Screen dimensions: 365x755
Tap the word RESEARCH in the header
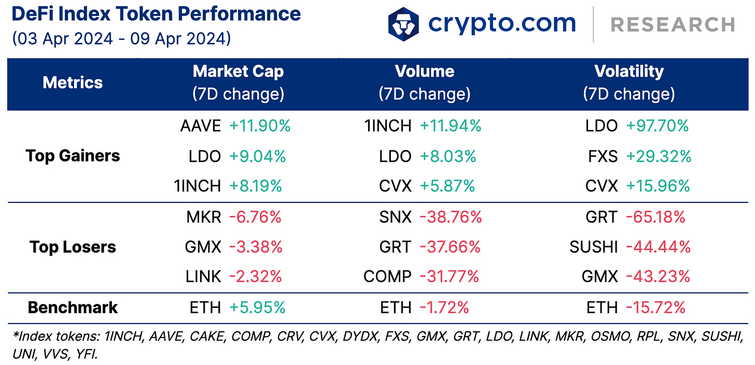pyautogui.click(x=673, y=24)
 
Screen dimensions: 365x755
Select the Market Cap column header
pyautogui.click(x=238, y=82)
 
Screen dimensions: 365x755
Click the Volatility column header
pyautogui.click(x=628, y=82)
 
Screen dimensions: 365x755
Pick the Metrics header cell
pyautogui.click(x=73, y=82)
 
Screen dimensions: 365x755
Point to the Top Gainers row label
pyautogui.click(x=73, y=156)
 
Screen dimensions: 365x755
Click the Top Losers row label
pyautogui.click(x=73, y=247)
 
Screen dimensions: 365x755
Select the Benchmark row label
pyautogui.click(x=73, y=308)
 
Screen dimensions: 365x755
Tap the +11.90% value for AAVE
pyautogui.click(x=260, y=126)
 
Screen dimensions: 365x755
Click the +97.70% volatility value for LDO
pyautogui.click(x=657, y=126)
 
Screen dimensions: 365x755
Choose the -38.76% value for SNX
pyautogui.click(x=451, y=217)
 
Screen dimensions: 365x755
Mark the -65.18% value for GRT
pyautogui.click(x=655, y=217)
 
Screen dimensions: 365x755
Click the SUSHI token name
pyautogui.click(x=593, y=247)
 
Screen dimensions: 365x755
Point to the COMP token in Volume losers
pyautogui.click(x=387, y=277)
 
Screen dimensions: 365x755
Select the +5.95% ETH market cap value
pyautogui.click(x=257, y=308)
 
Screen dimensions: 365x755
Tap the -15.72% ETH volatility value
pyautogui.click(x=655, y=308)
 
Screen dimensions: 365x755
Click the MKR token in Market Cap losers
pyautogui.click(x=204, y=217)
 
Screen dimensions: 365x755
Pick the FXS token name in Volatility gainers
pyautogui.click(x=603, y=156)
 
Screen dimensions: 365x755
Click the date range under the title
pyautogui.click(x=121, y=39)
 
